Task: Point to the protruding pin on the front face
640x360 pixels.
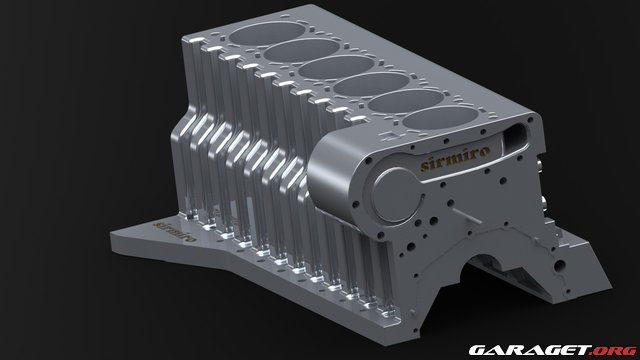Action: (462, 213)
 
